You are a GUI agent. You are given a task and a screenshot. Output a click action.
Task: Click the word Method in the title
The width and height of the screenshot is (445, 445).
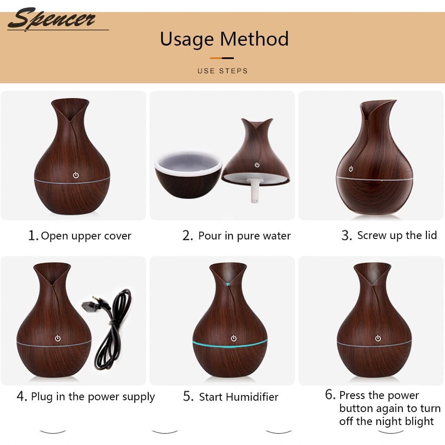pos(254,39)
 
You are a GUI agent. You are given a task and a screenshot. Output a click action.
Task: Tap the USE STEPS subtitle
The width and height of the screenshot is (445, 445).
pos(222,71)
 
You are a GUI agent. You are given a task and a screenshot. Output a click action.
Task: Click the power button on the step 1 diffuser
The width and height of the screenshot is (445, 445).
pos(76,175)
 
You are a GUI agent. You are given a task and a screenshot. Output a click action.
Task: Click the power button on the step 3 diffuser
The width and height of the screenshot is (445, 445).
pos(351,169)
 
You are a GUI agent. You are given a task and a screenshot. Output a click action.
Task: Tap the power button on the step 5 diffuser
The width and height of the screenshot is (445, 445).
pos(233,338)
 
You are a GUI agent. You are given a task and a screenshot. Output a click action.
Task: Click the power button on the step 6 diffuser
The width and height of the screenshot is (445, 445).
pos(378,338)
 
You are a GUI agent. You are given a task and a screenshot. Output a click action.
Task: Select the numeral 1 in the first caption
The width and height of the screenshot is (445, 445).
pos(32,236)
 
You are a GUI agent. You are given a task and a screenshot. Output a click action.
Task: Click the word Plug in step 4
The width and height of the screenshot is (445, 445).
pos(42,397)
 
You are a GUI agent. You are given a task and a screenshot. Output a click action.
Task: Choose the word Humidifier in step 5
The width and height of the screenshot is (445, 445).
pos(252,397)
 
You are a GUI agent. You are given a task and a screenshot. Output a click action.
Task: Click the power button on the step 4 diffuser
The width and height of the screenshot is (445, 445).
pos(58,338)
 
